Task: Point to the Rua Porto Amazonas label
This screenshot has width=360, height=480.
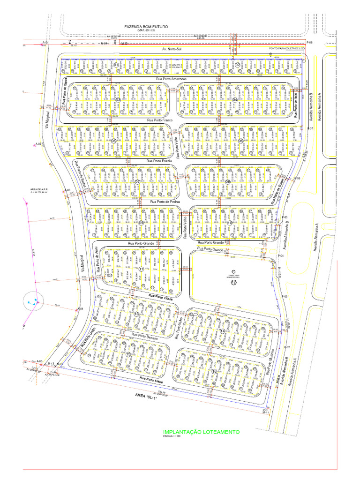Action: (171, 80)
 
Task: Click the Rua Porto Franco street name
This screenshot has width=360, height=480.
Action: (160, 120)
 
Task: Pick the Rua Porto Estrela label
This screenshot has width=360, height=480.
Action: (160, 161)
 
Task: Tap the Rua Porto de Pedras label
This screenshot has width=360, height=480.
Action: (165, 202)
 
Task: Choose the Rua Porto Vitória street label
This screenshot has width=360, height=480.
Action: (162, 297)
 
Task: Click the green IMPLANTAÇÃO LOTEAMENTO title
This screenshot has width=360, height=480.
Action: (201, 432)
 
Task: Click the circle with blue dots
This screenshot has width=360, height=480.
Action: (32, 300)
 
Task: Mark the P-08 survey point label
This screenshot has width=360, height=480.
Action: (309, 43)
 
